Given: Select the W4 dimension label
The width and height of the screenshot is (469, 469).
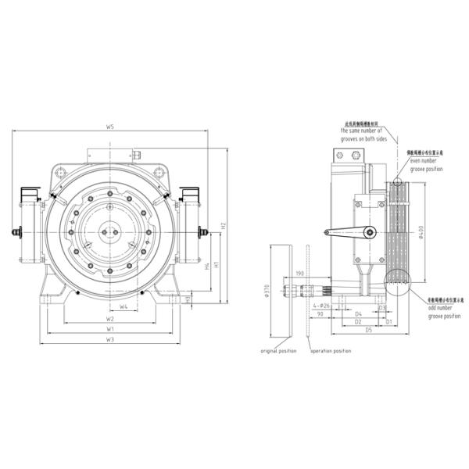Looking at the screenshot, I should click(x=124, y=306).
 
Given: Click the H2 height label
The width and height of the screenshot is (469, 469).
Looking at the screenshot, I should click(x=224, y=226).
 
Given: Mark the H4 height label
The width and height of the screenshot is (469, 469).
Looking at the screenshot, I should click(x=206, y=267).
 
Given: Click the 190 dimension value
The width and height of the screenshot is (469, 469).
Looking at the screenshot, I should click(x=300, y=274).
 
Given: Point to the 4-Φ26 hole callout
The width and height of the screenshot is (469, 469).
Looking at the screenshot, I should click(x=325, y=305).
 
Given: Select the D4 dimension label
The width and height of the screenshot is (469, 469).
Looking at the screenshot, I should click(x=359, y=311).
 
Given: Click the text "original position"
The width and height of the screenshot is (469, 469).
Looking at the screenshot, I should click(x=278, y=351).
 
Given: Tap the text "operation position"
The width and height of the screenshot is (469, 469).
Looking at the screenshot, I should click(x=331, y=351).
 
